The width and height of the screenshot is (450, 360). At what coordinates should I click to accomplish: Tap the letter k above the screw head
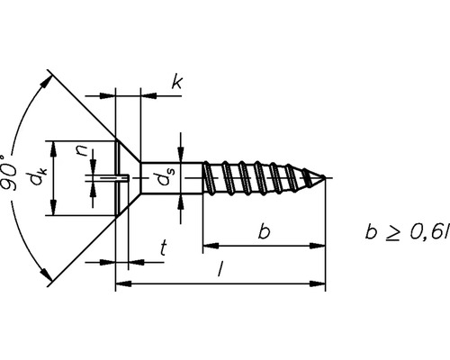coord(177,84)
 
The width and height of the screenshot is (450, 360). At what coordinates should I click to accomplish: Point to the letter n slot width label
coord(82,154)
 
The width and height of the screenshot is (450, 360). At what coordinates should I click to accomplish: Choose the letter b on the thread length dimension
coord(263,232)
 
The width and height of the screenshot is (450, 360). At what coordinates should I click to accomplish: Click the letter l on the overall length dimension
coord(220,272)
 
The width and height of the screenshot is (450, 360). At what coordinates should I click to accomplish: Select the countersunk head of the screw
coord(128,178)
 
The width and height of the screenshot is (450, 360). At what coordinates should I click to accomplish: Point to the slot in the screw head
coord(112,178)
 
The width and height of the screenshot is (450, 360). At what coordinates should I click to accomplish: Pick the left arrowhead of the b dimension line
coord(209,244)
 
